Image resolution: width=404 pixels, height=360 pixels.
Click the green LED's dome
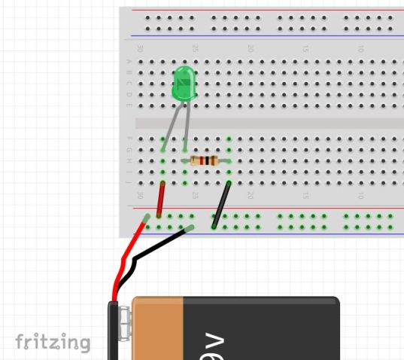click(x=184, y=83)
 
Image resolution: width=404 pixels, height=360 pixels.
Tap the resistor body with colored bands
click(x=204, y=160)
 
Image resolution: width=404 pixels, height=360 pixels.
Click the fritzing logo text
click(x=53, y=343)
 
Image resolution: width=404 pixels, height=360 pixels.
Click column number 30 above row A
click(x=140, y=48)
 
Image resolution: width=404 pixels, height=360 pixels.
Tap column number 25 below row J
click(x=195, y=195)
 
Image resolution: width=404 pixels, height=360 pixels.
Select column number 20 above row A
click(x=251, y=48)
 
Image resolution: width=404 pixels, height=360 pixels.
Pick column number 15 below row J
click(x=305, y=195)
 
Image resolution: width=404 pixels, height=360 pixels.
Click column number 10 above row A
click(x=361, y=48)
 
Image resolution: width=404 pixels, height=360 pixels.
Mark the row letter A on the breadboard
click(x=129, y=62)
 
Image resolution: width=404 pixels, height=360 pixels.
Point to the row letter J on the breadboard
click(x=129, y=182)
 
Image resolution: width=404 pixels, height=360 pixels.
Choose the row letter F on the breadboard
click(x=129, y=139)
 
